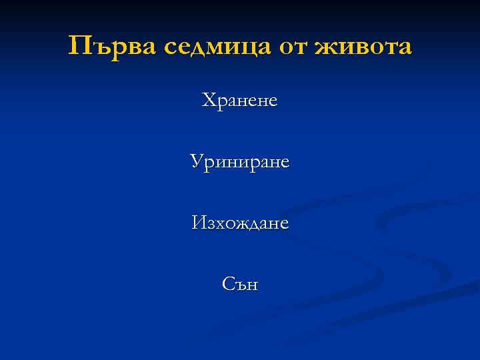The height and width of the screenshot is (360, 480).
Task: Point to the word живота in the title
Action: coord(363,47)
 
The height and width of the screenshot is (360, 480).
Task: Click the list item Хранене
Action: coord(240,101)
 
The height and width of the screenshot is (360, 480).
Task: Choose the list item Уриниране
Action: coord(240,162)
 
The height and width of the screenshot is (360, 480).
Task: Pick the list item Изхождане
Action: coord(240,223)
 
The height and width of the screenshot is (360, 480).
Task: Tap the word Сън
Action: coord(240,284)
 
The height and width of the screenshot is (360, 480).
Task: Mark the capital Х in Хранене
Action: coord(209,101)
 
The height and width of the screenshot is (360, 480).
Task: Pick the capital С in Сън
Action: coord(228,284)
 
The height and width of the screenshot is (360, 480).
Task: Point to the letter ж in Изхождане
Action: coord(242,223)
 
